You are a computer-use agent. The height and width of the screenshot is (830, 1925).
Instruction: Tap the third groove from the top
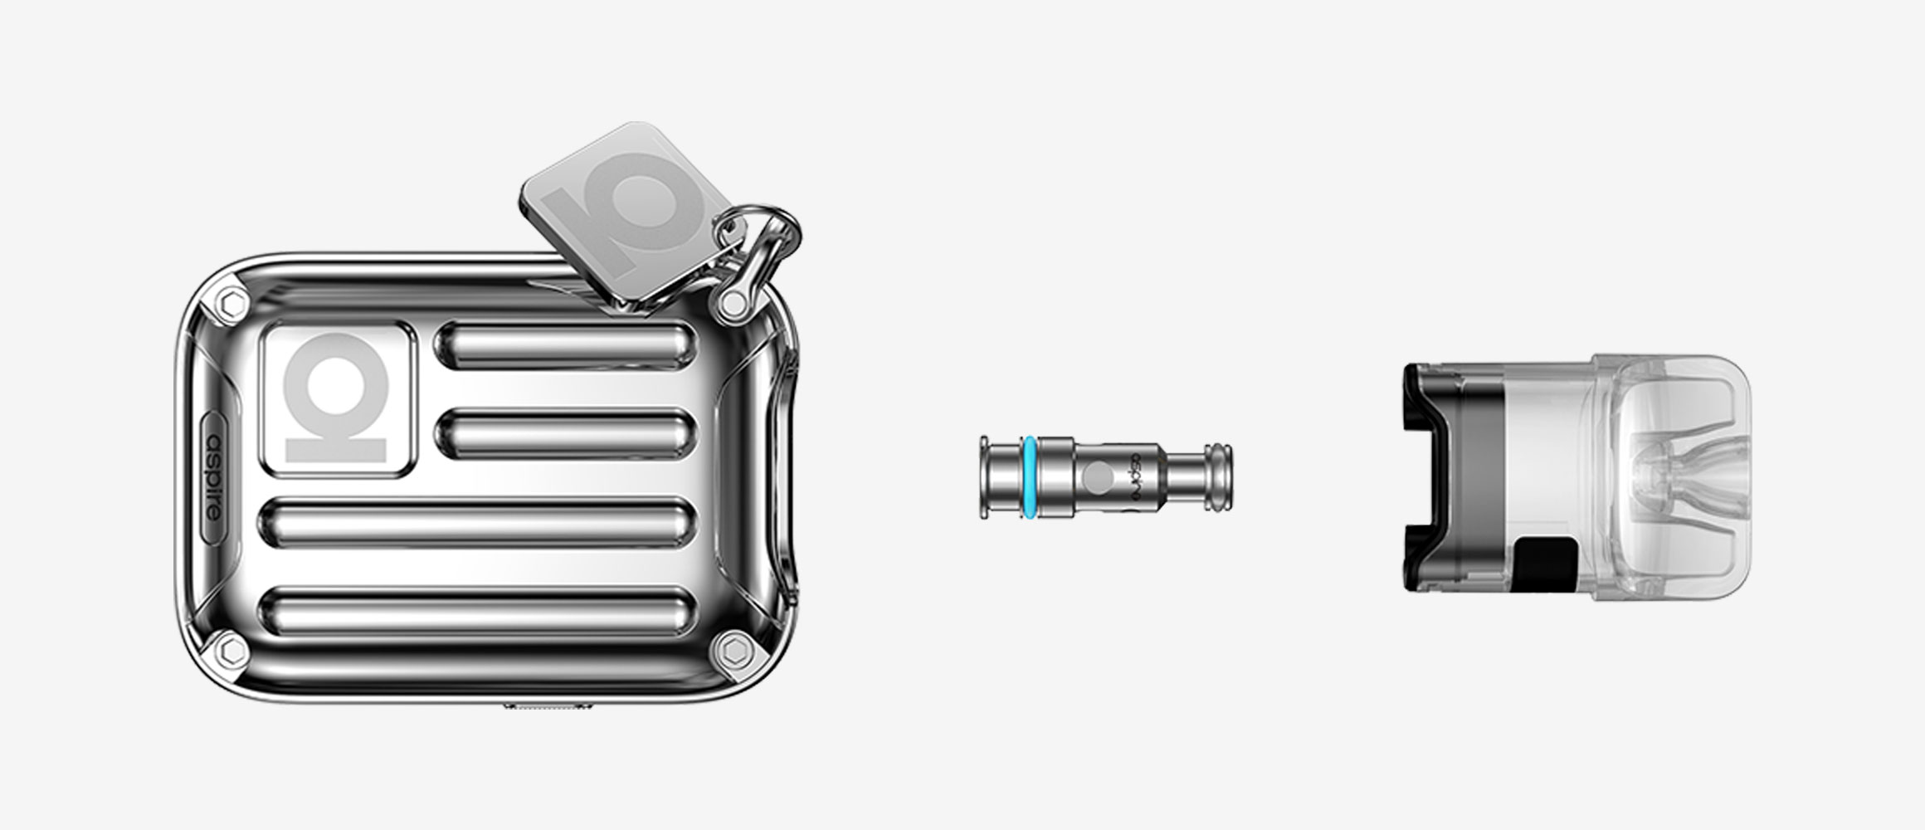pyautogui.click(x=477, y=522)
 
